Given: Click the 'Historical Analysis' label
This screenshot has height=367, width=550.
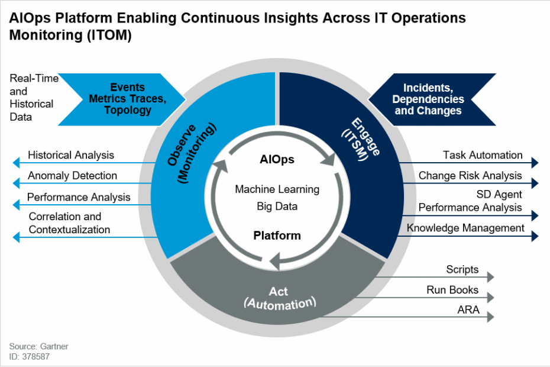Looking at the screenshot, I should (x=71, y=155).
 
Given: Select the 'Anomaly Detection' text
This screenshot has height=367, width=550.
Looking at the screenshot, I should (x=72, y=176).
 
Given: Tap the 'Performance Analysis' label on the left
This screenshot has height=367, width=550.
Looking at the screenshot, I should (x=79, y=197).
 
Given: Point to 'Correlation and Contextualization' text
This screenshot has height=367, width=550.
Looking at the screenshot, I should (x=69, y=223).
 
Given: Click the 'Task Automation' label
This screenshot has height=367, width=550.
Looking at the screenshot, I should (x=483, y=155).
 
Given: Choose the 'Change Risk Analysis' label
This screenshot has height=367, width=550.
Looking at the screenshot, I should (x=470, y=176).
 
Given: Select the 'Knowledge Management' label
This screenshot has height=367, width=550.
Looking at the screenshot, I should (x=465, y=228).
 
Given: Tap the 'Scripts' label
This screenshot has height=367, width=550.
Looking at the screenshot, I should (x=462, y=269).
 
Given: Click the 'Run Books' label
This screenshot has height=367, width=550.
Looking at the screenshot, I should (x=452, y=290).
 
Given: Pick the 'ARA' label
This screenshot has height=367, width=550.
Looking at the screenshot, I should (x=468, y=310).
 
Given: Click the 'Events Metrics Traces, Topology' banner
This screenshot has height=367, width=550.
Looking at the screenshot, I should (x=128, y=99).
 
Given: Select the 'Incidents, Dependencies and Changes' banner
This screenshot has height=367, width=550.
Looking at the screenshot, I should (x=428, y=99).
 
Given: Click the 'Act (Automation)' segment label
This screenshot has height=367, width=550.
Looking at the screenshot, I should (x=280, y=298).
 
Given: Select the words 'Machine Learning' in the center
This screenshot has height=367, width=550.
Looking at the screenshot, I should (x=277, y=189).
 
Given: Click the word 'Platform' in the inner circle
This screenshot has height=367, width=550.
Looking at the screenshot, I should (x=277, y=236).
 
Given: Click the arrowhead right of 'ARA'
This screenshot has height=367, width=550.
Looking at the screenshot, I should (x=490, y=317).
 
